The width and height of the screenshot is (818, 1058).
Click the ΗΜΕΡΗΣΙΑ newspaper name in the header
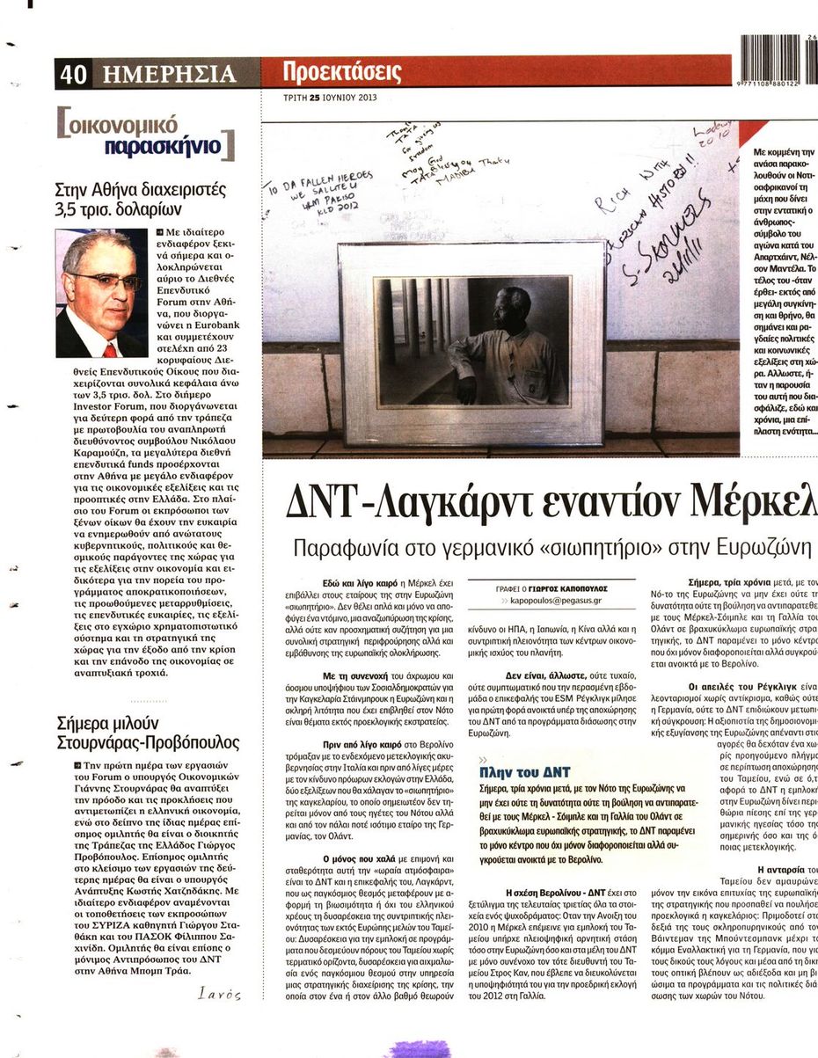point(168,74)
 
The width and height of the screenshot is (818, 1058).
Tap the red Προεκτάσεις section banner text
point(343,72)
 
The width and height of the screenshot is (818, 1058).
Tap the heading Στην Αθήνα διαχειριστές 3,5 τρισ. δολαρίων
point(141,200)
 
